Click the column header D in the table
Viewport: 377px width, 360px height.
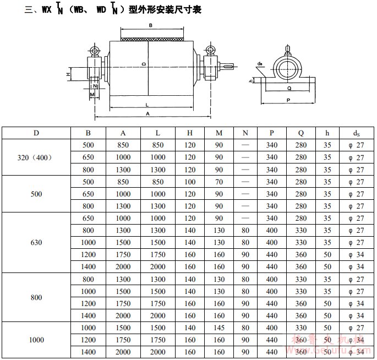point(36,133)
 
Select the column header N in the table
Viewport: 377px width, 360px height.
point(245,133)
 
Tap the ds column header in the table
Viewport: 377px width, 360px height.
point(356,133)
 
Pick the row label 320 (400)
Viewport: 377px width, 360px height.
point(35,157)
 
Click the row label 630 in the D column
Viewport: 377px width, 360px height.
point(36,242)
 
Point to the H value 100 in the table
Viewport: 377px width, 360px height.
point(190,182)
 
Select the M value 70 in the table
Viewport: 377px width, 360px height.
point(219,182)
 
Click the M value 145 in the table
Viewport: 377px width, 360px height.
point(219,328)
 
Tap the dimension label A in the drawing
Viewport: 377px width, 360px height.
point(147,114)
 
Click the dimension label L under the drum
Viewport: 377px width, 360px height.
point(147,105)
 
